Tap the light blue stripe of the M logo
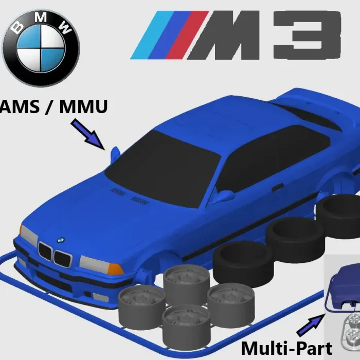[150, 36]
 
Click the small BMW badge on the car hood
[60, 240]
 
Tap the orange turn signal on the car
[114, 269]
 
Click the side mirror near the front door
[224, 195]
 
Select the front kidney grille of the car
[55, 255]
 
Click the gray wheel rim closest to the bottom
[186, 325]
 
